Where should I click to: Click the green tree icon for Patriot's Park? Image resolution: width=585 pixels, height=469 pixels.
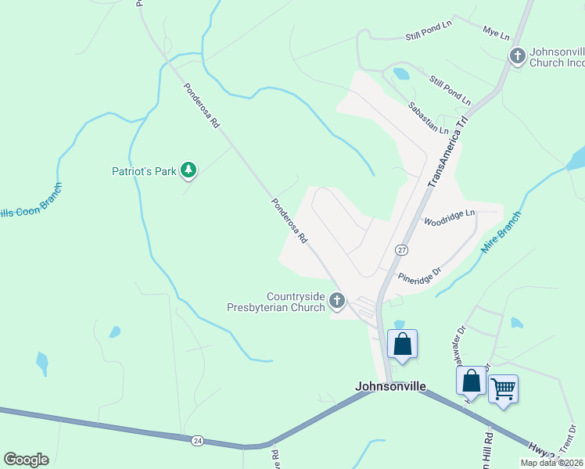pyautogui.click(x=188, y=170)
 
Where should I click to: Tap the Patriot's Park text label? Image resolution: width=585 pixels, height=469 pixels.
pyautogui.click(x=142, y=170)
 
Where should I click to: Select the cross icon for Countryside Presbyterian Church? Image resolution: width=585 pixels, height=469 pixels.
pyautogui.click(x=337, y=300)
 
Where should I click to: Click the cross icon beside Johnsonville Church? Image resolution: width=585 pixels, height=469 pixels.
pyautogui.click(x=517, y=55)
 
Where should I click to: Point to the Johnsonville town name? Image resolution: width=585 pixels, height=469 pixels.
pyautogui.click(x=390, y=386)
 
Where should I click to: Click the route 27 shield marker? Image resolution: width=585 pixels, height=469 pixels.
pyautogui.click(x=401, y=250)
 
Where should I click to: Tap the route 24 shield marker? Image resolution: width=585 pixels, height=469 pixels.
pyautogui.click(x=196, y=441)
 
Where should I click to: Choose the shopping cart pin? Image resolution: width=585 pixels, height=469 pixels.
pyautogui.click(x=503, y=387)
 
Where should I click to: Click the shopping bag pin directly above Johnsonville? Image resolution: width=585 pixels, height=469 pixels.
pyautogui.click(x=402, y=343)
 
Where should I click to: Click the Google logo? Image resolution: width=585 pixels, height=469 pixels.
pyautogui.click(x=26, y=460)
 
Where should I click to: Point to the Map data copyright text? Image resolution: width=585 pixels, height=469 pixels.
pyautogui.click(x=551, y=463)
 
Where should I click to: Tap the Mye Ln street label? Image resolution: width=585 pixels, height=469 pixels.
pyautogui.click(x=496, y=35)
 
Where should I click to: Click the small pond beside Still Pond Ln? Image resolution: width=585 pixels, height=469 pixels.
pyautogui.click(x=401, y=74)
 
